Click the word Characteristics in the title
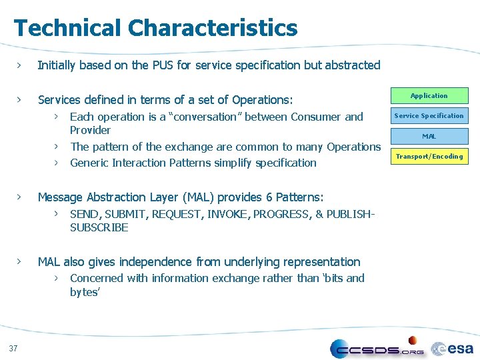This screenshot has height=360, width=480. click(x=213, y=28)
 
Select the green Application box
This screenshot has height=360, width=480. click(x=429, y=96)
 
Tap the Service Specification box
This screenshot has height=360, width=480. click(x=429, y=116)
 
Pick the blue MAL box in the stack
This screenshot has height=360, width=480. click(x=429, y=137)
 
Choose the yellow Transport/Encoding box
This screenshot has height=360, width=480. click(x=429, y=157)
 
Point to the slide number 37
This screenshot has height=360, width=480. click(x=13, y=347)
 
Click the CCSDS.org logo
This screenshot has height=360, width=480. click(x=377, y=348)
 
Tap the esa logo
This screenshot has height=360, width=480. click(x=453, y=348)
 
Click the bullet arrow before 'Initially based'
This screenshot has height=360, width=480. click(x=20, y=65)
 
